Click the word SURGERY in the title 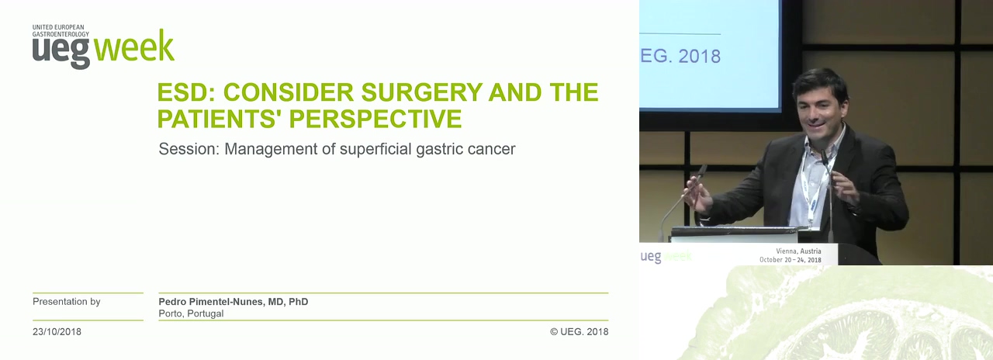421,92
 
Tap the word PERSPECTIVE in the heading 375,119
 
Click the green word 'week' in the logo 134,46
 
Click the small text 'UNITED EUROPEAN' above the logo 58,27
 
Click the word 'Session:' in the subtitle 189,149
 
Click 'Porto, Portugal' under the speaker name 191,313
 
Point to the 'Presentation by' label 67,302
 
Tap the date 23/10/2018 57,331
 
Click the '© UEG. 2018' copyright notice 580,331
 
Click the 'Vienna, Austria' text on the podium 798,251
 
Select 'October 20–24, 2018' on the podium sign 791,260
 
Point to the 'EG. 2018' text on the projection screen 680,57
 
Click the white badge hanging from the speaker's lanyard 813,213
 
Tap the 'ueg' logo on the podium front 651,257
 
